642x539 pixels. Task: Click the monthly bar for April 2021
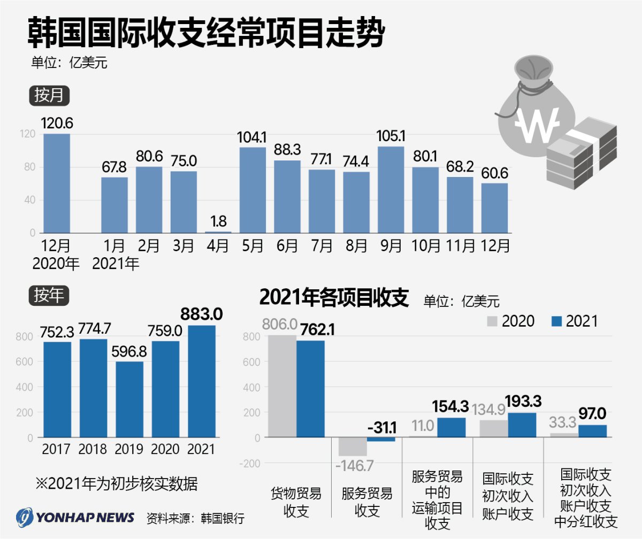point(218,232)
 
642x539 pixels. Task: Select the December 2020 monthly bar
point(57,183)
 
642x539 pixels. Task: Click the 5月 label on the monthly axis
point(253,247)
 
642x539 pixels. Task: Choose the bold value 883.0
point(202,312)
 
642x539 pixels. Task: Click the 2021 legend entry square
point(557,321)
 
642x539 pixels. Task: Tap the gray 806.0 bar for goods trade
point(282,386)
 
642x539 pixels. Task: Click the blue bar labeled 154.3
point(451,427)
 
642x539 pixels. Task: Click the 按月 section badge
point(49,96)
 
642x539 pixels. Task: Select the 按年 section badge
point(49,295)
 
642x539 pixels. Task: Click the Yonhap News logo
point(75,517)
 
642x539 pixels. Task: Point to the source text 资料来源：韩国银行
point(195,518)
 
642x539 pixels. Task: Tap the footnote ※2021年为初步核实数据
point(116,484)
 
